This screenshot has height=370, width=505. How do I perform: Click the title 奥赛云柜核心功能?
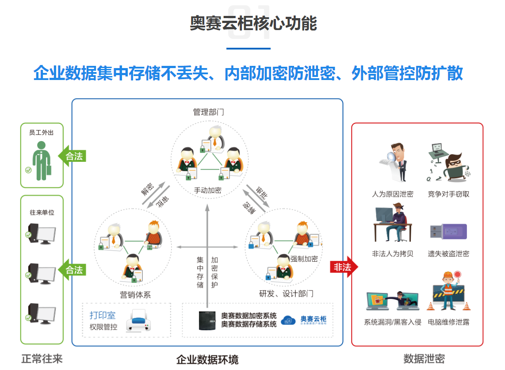(253, 23)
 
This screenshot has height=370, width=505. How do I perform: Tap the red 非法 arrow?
(344, 267)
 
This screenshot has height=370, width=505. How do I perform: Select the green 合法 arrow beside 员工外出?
(72, 156)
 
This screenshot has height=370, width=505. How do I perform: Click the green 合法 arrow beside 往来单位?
(72, 270)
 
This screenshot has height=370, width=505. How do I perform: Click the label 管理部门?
(208, 112)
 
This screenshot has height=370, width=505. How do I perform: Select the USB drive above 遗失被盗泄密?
(448, 230)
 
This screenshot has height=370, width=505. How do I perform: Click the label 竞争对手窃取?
(448, 194)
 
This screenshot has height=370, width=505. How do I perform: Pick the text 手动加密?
(207, 191)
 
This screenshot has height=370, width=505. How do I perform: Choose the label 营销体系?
(136, 294)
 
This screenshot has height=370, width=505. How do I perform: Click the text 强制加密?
(304, 259)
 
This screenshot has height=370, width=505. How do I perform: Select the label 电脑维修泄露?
(448, 322)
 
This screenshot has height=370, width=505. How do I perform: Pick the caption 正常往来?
(42, 359)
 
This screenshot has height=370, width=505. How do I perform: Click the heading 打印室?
(103, 315)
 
